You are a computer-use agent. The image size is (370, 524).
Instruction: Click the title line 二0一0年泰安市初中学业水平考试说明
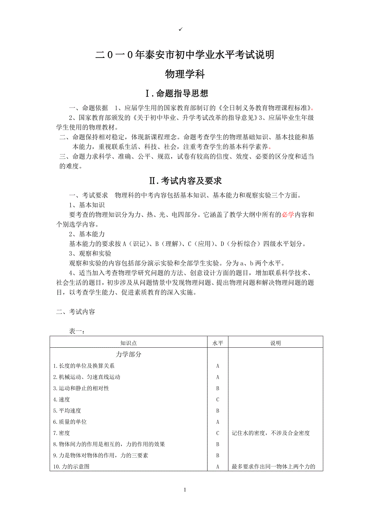[x=185, y=55]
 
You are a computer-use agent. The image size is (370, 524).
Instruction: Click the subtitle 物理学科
[x=185, y=74]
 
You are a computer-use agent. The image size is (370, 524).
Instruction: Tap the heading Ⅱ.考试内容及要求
[x=185, y=181]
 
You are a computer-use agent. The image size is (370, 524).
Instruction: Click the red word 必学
[x=288, y=215]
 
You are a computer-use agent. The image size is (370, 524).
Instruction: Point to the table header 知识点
[x=128, y=343]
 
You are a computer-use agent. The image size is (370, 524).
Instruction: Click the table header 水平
[x=218, y=343]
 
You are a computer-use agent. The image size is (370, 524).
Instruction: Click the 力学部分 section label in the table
[x=128, y=355]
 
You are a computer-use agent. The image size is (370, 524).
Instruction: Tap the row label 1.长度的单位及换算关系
[x=84, y=366]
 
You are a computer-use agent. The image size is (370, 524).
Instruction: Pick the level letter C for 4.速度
[x=218, y=400]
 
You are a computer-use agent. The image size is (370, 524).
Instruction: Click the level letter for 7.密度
[x=218, y=433]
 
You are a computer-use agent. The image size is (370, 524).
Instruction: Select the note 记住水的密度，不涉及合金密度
[x=271, y=433]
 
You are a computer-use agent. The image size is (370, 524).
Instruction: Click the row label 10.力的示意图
[x=71, y=467]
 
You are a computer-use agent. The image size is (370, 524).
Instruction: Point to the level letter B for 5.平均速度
[x=218, y=411]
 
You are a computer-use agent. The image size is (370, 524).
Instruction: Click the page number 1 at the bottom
[x=185, y=490]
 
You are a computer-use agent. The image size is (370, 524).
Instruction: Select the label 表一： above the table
[x=76, y=331]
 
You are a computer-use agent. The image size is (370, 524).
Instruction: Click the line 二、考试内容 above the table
[x=75, y=312]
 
